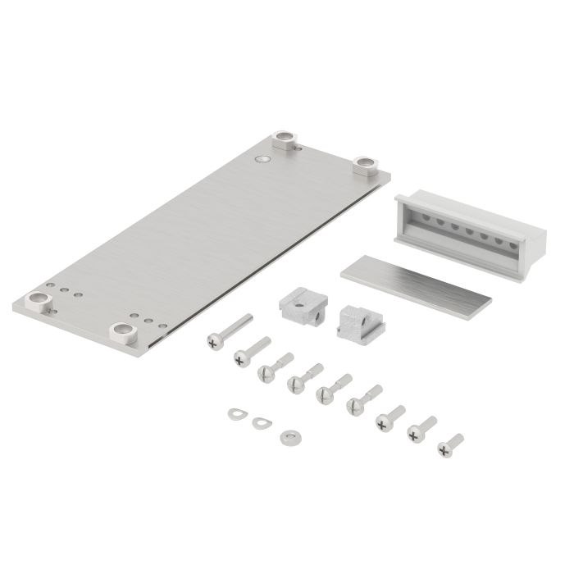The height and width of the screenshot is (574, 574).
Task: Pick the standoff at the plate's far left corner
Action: [38, 299]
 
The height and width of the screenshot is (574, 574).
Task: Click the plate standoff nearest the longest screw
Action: [124, 331]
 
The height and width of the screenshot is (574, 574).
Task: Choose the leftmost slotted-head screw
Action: [266, 373]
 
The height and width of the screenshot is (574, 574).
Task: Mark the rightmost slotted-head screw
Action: [355, 403]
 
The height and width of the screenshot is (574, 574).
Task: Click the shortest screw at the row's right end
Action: [445, 448]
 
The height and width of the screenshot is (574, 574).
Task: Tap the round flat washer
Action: [288, 436]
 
